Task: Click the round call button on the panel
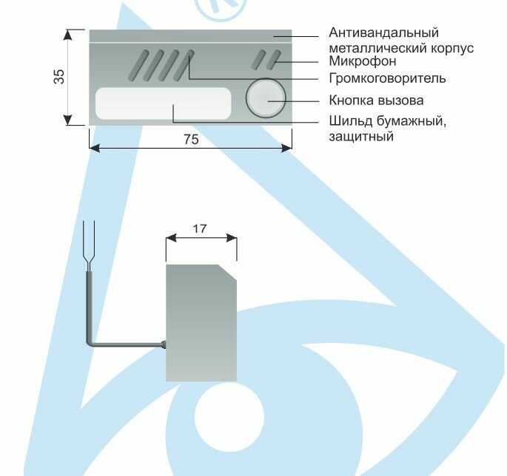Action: click(266, 98)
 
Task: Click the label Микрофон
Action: click(359, 61)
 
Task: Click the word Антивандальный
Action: click(383, 33)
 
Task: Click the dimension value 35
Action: click(59, 77)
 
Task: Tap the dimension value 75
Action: click(190, 139)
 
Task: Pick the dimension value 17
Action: click(200, 228)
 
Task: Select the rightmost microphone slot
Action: click(273, 60)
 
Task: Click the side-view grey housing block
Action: click(201, 325)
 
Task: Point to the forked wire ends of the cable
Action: click(90, 244)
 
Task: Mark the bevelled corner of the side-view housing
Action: click(228, 272)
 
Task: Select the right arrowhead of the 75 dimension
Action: click(288, 149)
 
